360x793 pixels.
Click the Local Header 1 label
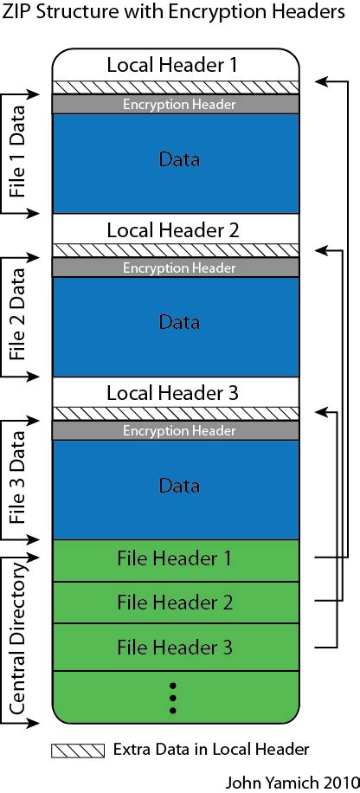(172, 65)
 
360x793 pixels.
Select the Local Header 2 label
(172, 230)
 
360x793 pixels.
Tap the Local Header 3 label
(172, 393)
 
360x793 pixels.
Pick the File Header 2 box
(176, 603)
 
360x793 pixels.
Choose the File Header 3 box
(176, 647)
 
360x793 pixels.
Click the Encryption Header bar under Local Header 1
(176, 104)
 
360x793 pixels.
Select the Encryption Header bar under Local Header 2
(176, 268)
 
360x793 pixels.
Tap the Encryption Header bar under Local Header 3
(176, 431)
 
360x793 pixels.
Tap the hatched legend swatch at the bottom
(78, 751)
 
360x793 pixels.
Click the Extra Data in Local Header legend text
(211, 750)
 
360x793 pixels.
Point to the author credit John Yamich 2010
(291, 782)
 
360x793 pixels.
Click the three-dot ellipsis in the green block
(172, 699)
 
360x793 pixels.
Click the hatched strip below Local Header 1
(176, 87)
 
